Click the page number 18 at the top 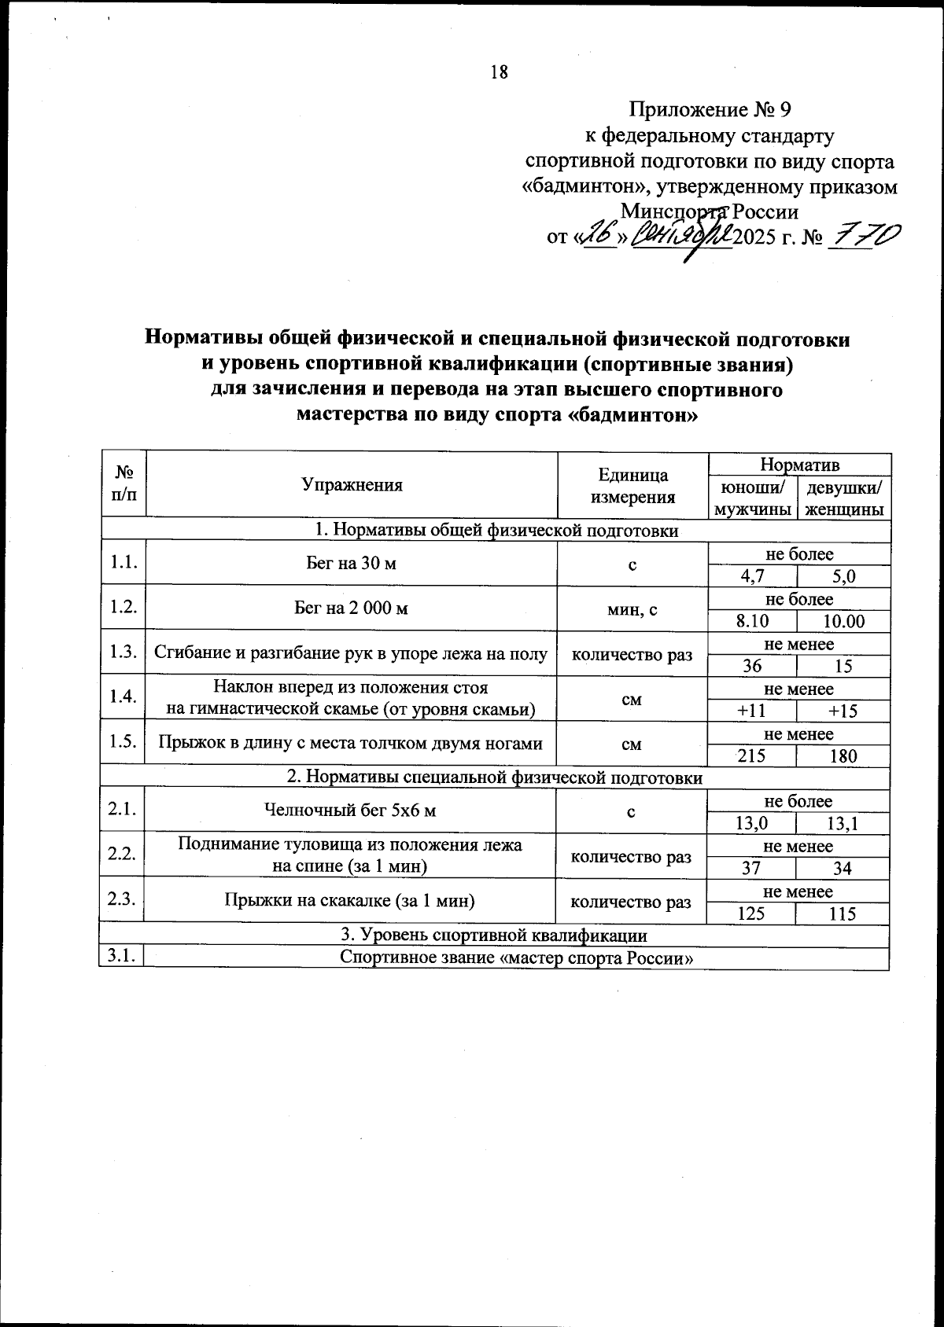click(500, 72)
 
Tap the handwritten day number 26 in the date click(596, 234)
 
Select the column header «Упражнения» click(352, 485)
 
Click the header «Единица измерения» click(632, 485)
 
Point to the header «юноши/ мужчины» click(752, 498)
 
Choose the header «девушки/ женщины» click(843, 498)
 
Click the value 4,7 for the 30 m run click(752, 576)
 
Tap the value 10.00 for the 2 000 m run click(843, 621)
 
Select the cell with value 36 click(752, 666)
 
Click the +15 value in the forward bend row click(843, 711)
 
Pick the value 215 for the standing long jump click(752, 756)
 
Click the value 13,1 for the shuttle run click(843, 823)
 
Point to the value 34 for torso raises click(843, 869)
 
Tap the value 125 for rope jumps click(752, 913)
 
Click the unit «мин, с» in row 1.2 click(632, 608)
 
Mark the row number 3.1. click(122, 957)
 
